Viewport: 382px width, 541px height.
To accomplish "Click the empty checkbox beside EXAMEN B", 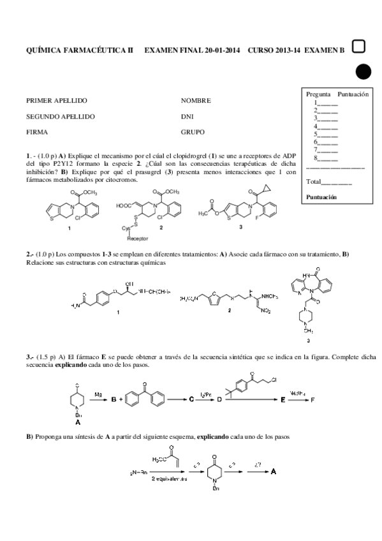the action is click(x=358, y=46).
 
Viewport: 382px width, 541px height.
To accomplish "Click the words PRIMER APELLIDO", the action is click(x=56, y=101).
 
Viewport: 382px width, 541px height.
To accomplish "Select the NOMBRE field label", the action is click(x=196, y=101).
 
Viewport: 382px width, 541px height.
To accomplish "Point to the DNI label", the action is click(x=187, y=117).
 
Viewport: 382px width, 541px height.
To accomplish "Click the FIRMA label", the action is click(x=37, y=133).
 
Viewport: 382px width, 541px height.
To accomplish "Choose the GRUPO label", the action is click(x=193, y=133).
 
